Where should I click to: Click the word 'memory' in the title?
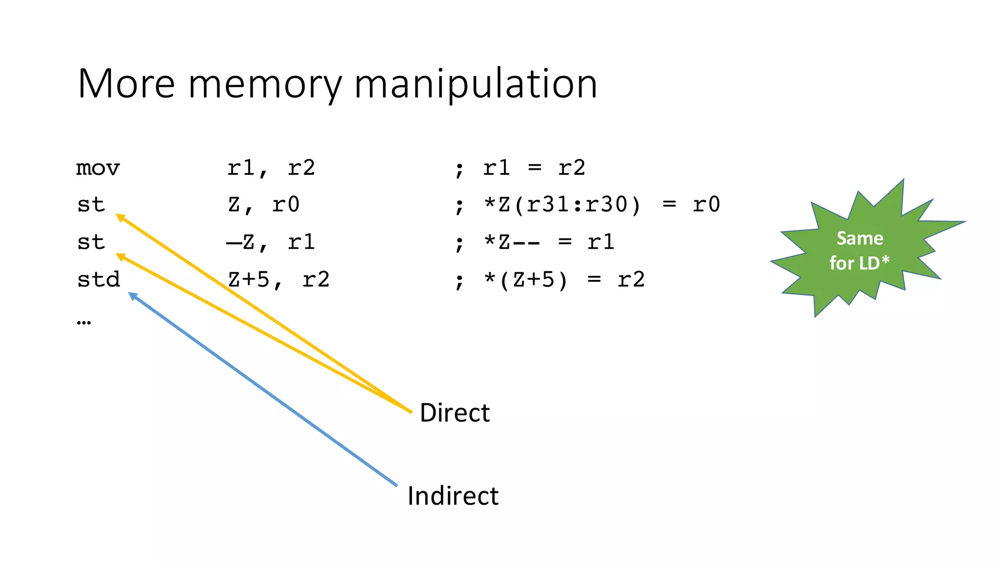click(x=265, y=84)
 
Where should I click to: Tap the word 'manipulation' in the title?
click(x=475, y=84)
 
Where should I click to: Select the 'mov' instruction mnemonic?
click(x=98, y=168)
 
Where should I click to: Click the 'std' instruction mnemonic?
click(x=98, y=280)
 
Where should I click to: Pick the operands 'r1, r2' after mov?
click(x=271, y=168)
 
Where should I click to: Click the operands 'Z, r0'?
click(x=263, y=205)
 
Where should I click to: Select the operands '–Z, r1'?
click(x=271, y=242)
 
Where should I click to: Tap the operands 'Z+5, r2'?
click(x=278, y=280)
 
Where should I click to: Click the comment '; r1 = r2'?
click(x=520, y=168)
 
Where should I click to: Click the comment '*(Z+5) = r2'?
click(x=564, y=280)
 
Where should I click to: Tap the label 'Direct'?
click(x=455, y=413)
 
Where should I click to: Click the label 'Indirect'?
click(x=453, y=496)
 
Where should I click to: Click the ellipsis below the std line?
click(x=84, y=322)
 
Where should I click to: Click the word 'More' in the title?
click(x=126, y=84)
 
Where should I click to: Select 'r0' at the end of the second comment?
click(x=706, y=205)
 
